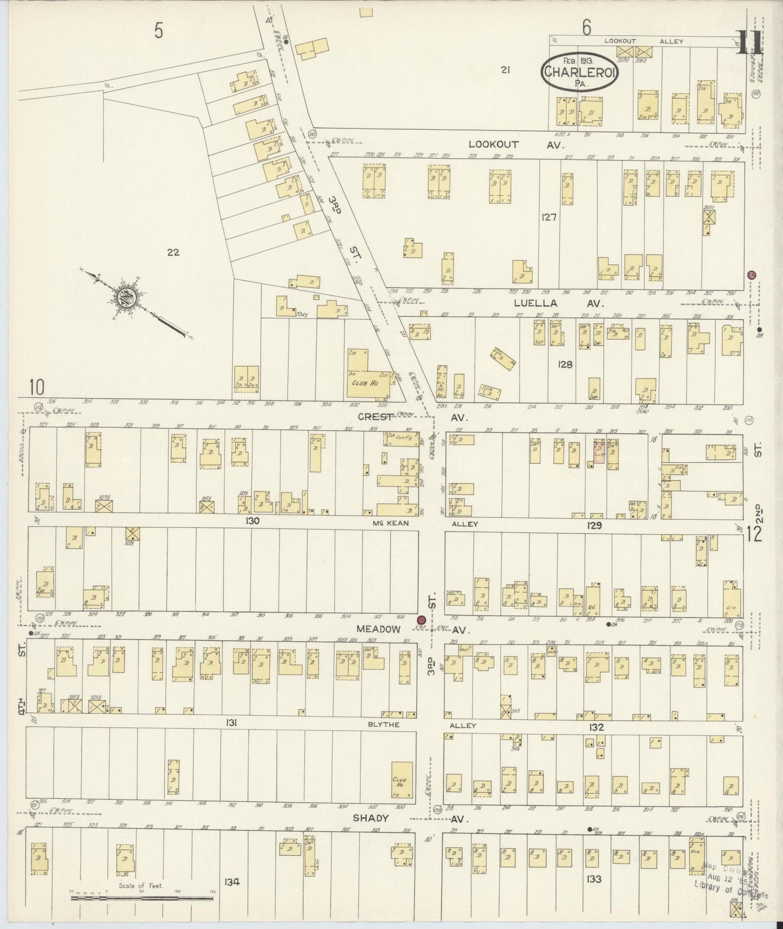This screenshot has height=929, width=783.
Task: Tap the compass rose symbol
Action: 128,298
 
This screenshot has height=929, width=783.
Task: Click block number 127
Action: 548,217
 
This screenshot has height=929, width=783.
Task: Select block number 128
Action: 565,365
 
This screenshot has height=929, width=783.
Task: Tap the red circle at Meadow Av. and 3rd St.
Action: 420,620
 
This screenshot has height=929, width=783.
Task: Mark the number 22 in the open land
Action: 173,252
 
